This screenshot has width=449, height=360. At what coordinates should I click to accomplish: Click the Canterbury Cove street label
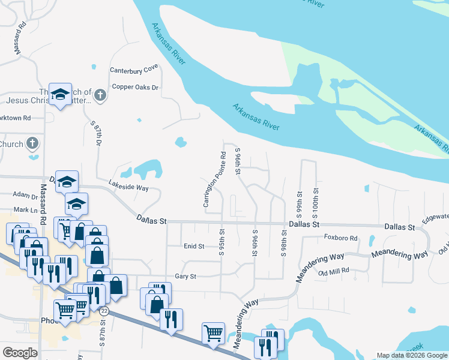point(133,70)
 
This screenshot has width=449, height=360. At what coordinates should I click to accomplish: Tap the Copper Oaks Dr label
point(135,87)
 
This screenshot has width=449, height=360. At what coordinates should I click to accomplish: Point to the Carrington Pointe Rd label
point(214,180)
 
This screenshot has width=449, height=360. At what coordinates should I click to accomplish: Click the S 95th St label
point(222,241)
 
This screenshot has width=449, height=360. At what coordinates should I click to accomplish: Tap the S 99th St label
point(299,204)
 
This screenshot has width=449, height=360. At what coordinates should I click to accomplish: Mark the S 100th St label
point(315,204)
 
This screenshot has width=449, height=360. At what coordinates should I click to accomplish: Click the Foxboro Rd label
point(341,238)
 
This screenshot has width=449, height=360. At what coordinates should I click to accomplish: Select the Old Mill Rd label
point(334,271)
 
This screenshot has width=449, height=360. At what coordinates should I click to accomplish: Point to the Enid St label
point(194,246)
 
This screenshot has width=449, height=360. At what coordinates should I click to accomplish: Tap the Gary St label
point(185,277)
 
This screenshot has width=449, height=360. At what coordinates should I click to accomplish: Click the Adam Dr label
point(25,196)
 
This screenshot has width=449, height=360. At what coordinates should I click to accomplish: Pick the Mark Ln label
point(25,210)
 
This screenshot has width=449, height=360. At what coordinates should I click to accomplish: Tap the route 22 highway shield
point(104,311)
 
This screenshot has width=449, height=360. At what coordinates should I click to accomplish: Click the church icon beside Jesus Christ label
point(100,95)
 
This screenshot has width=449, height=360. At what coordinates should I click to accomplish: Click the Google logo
point(20,353)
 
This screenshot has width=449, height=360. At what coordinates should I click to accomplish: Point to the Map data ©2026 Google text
point(411,355)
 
